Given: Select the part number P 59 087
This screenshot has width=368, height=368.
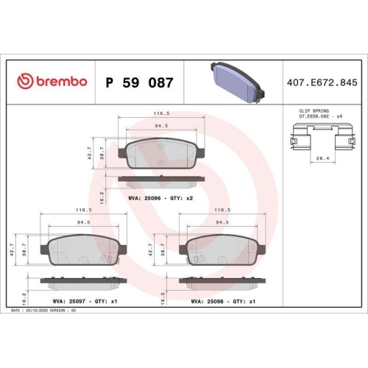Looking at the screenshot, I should [140, 82].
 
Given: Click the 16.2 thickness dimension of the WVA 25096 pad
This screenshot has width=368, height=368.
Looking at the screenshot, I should [102, 196].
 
